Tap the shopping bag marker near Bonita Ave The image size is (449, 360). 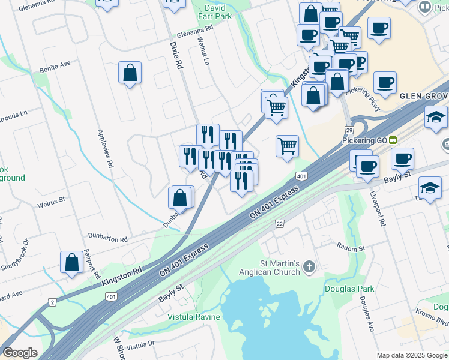click(x=130, y=74)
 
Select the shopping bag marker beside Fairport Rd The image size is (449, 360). click(x=71, y=262)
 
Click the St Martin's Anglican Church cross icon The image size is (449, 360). click(x=309, y=266)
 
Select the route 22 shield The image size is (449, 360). click(x=279, y=223)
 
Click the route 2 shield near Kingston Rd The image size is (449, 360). click(x=52, y=301)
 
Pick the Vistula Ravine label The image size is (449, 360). click(x=194, y=317)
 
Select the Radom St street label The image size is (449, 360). click(x=351, y=248)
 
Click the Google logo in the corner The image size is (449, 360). click(x=20, y=352)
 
